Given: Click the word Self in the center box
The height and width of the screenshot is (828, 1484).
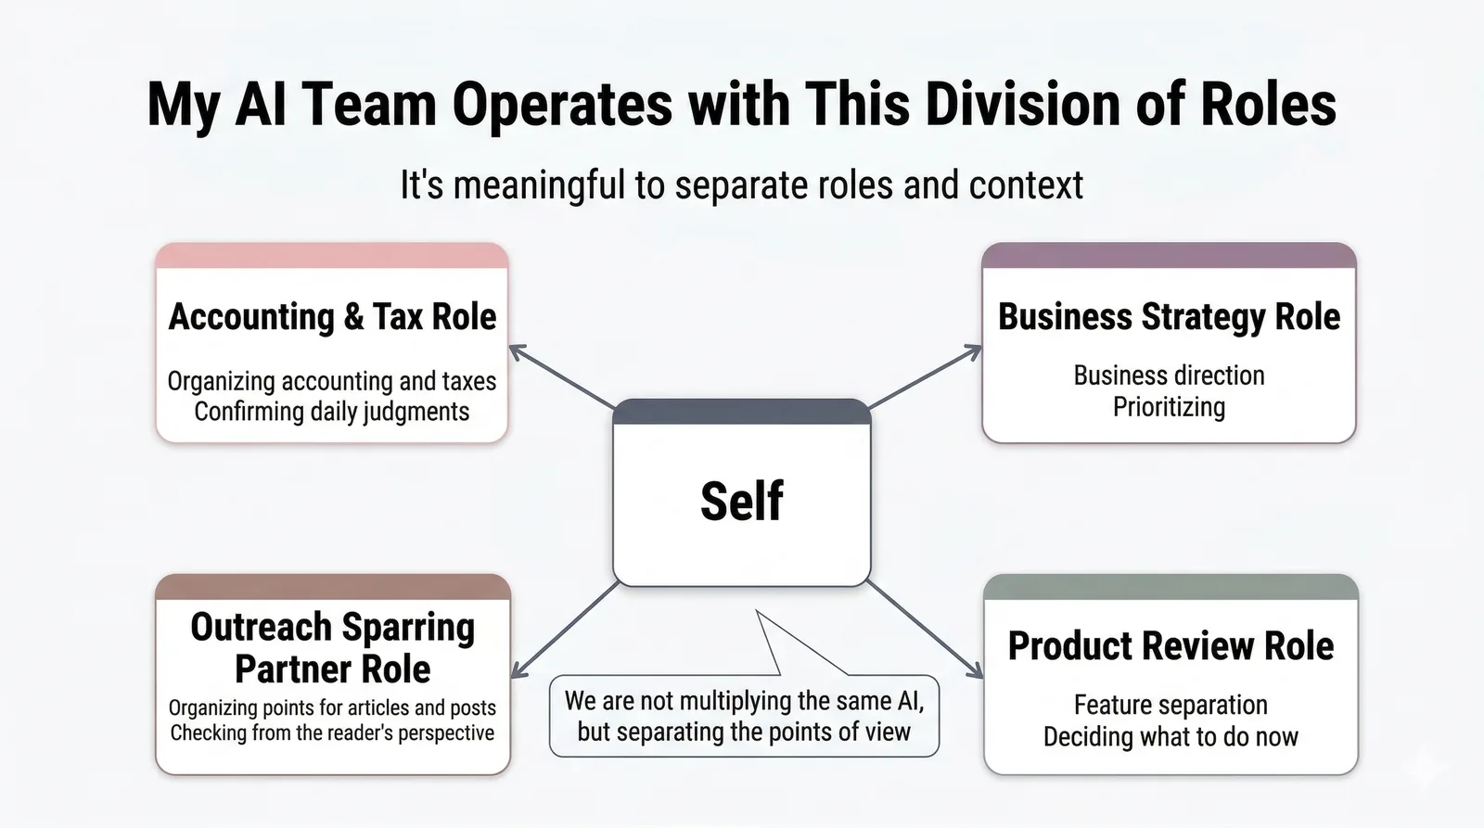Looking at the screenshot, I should (x=741, y=502).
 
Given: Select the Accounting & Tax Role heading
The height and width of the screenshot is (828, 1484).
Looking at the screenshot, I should (x=332, y=317).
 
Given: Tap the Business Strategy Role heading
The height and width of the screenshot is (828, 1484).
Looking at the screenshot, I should (x=1169, y=317).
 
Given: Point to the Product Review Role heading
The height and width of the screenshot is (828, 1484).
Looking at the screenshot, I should (x=1171, y=646).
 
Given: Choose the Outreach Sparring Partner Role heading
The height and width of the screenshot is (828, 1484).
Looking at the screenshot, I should (x=332, y=647).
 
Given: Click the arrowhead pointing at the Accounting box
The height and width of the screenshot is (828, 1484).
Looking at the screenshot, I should (x=516, y=350).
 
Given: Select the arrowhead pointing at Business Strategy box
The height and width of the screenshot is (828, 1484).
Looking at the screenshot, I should (x=974, y=350).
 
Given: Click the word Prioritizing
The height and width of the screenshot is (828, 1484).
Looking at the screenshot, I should (x=1169, y=407).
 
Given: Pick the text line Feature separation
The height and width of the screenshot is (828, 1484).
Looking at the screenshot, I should (x=1171, y=705).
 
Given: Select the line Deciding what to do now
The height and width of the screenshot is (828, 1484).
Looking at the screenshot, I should (x=1171, y=737).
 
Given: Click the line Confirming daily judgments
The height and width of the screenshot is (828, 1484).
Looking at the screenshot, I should (x=332, y=412).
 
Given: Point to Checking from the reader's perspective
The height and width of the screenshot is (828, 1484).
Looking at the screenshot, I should (x=332, y=732).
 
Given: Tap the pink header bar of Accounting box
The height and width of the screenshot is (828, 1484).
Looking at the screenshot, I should (x=332, y=256).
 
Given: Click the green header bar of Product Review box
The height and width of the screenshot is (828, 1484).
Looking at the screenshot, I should (x=1171, y=587).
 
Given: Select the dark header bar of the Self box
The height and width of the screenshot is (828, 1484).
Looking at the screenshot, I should (x=741, y=412).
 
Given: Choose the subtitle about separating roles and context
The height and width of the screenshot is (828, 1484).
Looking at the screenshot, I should (x=741, y=185).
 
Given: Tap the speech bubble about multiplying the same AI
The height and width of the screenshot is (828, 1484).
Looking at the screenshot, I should (x=744, y=716).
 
